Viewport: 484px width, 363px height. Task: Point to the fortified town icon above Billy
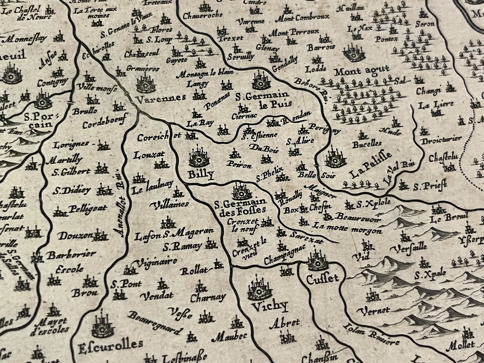[199, 157]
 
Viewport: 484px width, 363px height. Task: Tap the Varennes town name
[161, 98]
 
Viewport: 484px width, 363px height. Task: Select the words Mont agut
[362, 71]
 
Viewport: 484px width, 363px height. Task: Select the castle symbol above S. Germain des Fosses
[242, 191]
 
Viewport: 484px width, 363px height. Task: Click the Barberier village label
[71, 254]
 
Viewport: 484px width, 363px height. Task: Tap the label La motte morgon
[346, 230]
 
